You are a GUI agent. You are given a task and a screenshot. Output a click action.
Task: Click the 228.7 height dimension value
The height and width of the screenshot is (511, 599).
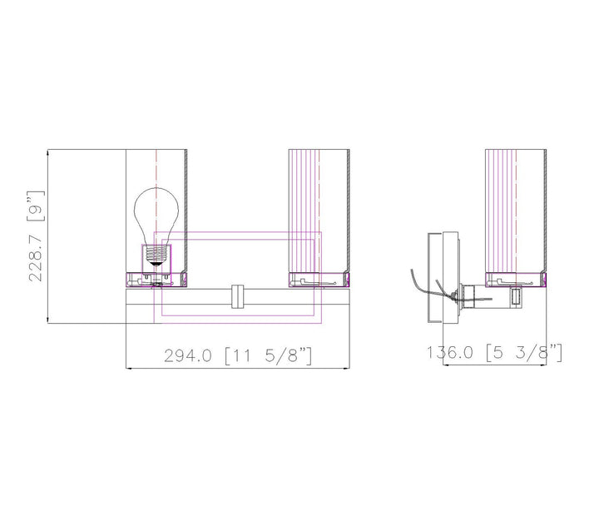[x=35, y=255]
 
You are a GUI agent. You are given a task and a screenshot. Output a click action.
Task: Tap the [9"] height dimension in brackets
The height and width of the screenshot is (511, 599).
[x=35, y=206]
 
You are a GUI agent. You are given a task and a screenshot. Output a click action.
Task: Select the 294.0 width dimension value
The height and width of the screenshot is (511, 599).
[x=187, y=356]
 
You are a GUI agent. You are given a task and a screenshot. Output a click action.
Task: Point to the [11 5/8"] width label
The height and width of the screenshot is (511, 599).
[x=269, y=355]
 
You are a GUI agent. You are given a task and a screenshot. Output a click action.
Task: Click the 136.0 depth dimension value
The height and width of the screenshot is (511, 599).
[x=449, y=352]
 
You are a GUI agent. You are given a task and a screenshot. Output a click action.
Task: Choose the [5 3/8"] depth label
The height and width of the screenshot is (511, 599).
[x=524, y=352]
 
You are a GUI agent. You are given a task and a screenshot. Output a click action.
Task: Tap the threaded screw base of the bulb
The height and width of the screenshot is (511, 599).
[x=156, y=255]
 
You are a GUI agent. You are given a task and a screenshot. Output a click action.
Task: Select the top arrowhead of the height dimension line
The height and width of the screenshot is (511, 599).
[x=47, y=152]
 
